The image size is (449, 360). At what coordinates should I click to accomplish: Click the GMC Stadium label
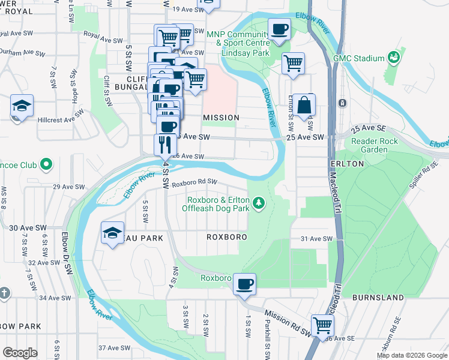[358, 58]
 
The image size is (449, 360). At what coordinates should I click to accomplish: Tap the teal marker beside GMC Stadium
[394, 58]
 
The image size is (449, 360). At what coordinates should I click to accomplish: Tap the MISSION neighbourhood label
[221, 118]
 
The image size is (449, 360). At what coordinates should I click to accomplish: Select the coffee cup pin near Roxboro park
[244, 284]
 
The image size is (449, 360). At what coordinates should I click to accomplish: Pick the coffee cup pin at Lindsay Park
[279, 29]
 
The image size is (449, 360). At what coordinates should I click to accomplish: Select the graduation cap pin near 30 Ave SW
[112, 234]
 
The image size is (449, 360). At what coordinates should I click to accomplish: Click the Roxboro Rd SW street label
[194, 182]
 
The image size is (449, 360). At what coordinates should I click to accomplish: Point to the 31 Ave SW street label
[316, 239]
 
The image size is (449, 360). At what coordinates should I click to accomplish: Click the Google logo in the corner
[20, 352]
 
